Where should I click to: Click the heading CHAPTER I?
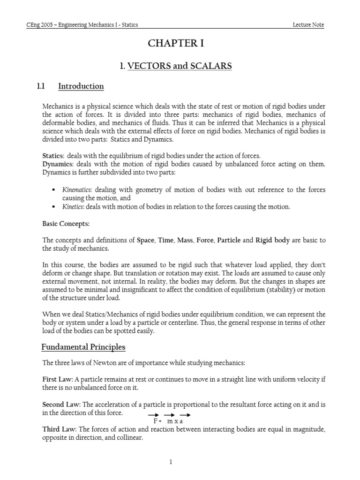click(x=176, y=44)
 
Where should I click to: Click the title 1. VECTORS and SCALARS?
click(x=176, y=66)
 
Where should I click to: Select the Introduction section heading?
click(x=81, y=86)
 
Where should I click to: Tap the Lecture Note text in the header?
click(x=307, y=25)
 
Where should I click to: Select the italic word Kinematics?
click(x=77, y=189)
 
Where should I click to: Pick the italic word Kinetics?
click(x=73, y=206)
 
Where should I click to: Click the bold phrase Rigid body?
click(x=272, y=240)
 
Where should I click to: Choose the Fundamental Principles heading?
click(x=83, y=347)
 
